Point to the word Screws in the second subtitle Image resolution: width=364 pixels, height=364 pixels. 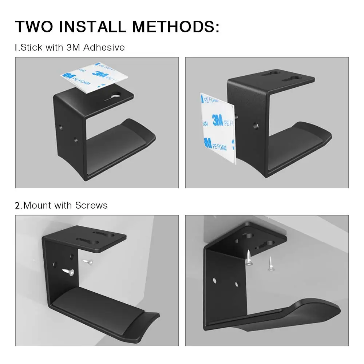point(91,205)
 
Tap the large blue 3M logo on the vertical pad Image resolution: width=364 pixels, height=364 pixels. point(218,120)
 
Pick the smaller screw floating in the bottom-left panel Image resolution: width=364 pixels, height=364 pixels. point(87,261)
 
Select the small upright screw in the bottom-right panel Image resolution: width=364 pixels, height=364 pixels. point(270,264)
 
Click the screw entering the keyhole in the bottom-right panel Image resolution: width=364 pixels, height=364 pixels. point(248,258)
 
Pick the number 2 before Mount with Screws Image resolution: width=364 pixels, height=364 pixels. point(17,205)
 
